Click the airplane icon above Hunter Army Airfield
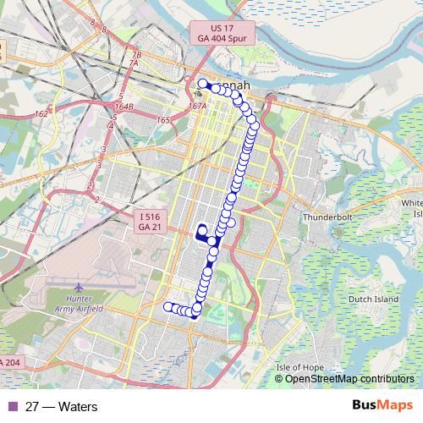pyautogui.click(x=80, y=288)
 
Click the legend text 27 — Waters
pyautogui.click(x=62, y=407)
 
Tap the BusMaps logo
pyautogui.click(x=382, y=406)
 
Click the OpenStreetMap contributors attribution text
pyautogui.click(x=349, y=378)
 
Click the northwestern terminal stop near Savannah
pyautogui.click(x=202, y=84)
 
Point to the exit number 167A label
pyautogui.click(x=198, y=107)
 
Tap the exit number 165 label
pyautogui.click(x=163, y=120)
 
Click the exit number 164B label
pyautogui.click(x=124, y=107)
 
